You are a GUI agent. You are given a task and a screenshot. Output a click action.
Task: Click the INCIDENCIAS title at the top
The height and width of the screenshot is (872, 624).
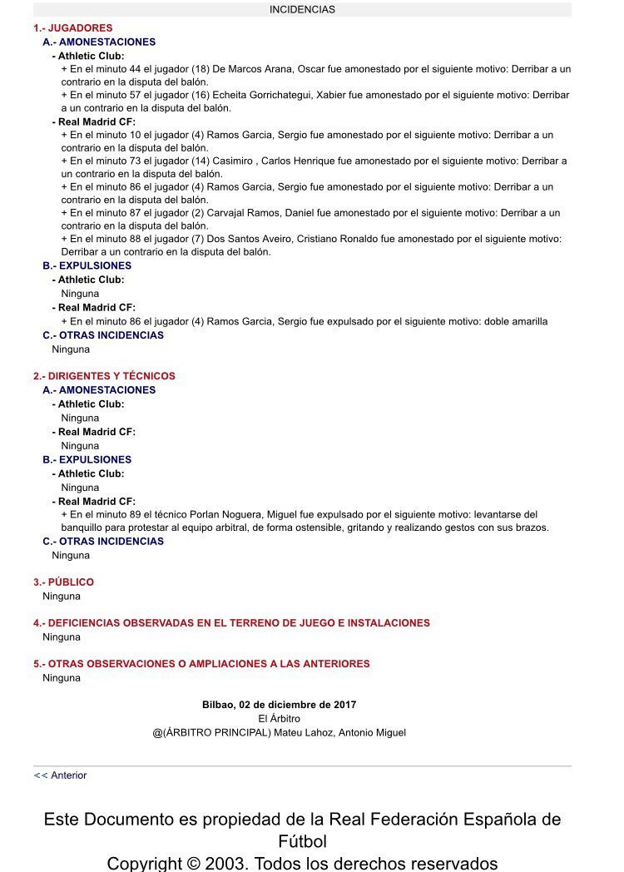(302, 10)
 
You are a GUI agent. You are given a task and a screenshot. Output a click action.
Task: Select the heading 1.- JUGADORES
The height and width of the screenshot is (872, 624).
(73, 27)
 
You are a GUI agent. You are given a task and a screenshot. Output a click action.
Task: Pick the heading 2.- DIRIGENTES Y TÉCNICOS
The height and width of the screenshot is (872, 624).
(104, 376)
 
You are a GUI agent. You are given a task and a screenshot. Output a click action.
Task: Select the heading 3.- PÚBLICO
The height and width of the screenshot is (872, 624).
(63, 582)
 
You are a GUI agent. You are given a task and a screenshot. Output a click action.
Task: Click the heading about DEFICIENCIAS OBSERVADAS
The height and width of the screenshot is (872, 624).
(232, 623)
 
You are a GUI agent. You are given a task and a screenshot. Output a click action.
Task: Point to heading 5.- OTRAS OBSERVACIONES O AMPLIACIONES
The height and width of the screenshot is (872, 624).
(201, 664)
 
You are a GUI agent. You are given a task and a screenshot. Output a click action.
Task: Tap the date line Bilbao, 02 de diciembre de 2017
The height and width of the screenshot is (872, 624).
(279, 705)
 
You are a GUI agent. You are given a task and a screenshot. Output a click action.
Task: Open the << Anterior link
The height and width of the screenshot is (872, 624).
(60, 775)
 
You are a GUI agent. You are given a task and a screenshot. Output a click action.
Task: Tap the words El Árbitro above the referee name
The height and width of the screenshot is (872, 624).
(279, 718)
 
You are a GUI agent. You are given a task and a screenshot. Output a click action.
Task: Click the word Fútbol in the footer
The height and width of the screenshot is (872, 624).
(302, 841)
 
